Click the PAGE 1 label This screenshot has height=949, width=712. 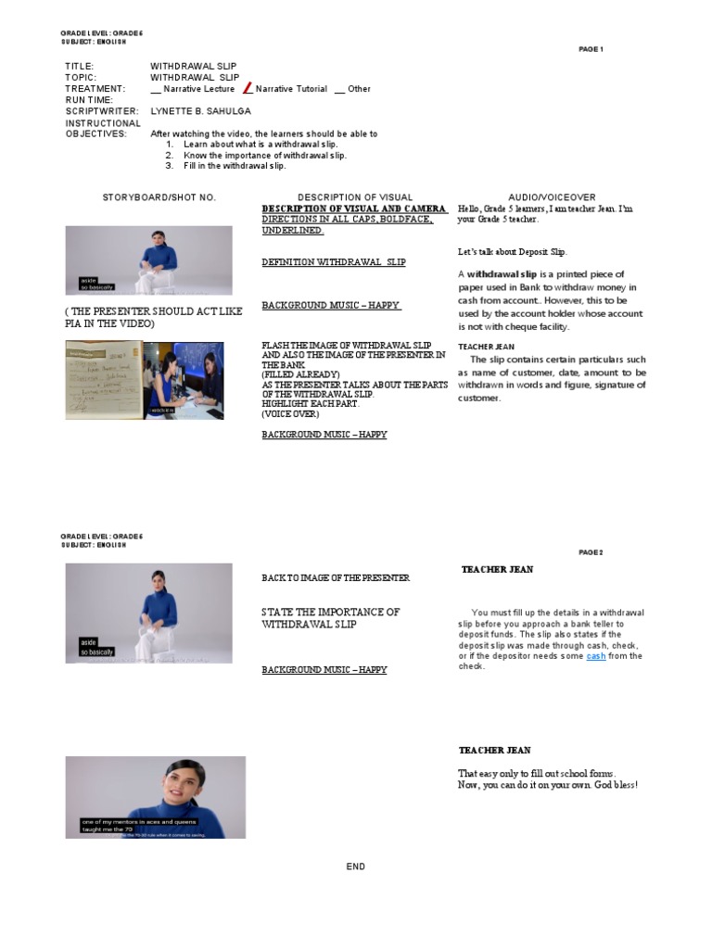tap(591, 49)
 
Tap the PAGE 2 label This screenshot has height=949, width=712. tap(591, 552)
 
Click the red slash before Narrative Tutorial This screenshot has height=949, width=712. tap(248, 88)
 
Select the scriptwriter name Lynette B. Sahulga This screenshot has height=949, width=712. tap(200, 111)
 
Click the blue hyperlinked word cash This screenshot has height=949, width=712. tap(595, 656)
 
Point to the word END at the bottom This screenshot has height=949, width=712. tap(356, 867)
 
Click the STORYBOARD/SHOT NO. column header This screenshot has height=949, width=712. tap(159, 197)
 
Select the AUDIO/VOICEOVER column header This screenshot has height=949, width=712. tap(552, 197)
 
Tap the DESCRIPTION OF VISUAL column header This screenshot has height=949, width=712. tap(355, 197)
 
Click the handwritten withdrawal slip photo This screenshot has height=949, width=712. tap(104, 379)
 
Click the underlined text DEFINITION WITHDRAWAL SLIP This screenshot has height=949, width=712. tap(333, 262)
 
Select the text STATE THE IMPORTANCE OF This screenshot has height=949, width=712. tap(330, 613)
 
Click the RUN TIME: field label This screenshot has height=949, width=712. tap(89, 100)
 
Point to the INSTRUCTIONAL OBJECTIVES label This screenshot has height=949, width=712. tap(102, 128)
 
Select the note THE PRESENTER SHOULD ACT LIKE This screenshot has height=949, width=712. tap(153, 311)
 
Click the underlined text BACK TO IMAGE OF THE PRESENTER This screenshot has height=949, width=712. tap(335, 578)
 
